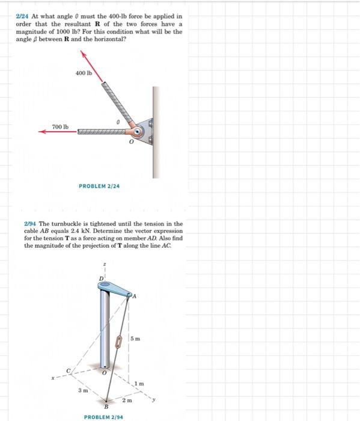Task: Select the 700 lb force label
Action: (61, 127)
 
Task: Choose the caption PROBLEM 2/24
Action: (99, 186)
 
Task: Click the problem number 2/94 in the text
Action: (29, 224)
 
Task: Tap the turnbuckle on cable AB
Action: (119, 343)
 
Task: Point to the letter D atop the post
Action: (101, 277)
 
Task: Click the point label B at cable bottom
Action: (106, 407)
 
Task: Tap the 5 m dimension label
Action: (138, 340)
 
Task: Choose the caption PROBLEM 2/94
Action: (103, 416)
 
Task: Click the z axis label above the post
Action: (105, 265)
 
